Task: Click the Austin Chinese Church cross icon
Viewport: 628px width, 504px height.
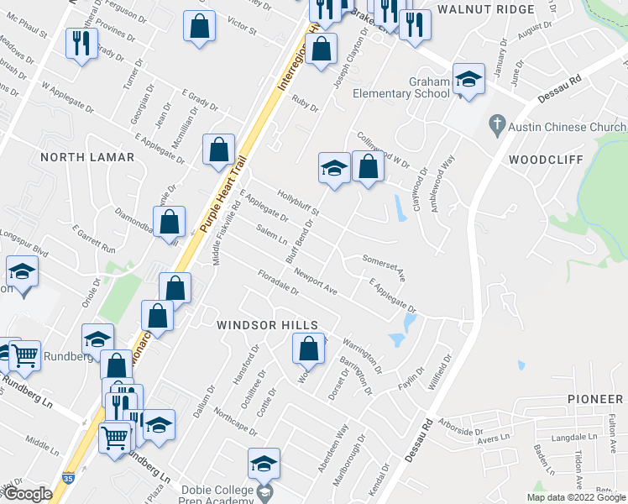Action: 497,124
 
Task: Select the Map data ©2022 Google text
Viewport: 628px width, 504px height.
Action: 576,497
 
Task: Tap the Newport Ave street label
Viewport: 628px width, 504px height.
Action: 315,282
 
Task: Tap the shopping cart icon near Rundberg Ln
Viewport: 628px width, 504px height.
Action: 24,356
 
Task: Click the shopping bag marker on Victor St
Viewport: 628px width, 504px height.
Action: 200,26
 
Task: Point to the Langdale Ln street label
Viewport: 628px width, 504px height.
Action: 574,438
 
